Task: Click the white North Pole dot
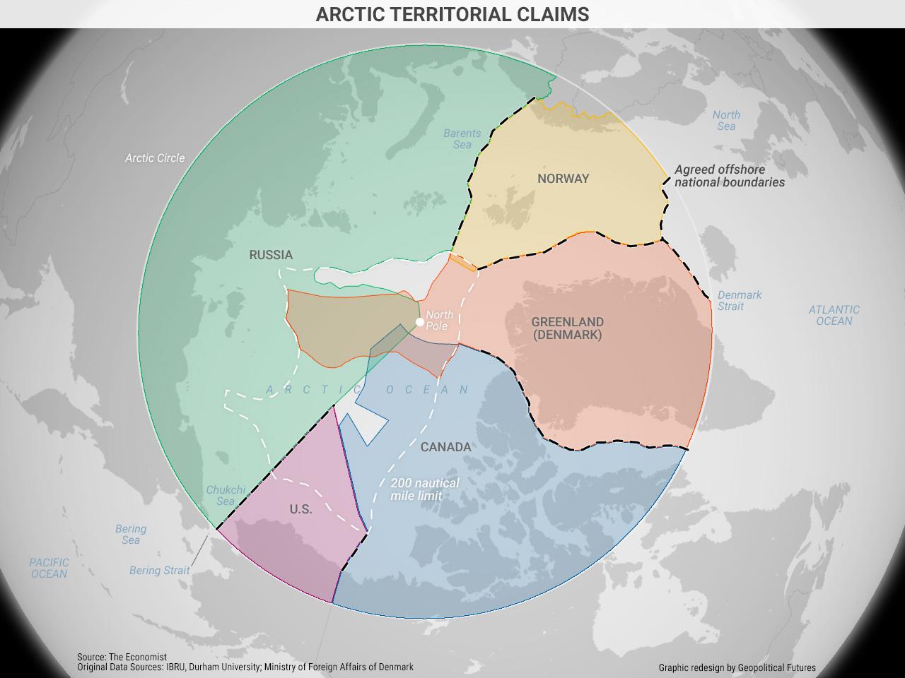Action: click(x=420, y=322)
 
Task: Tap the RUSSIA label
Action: click(x=271, y=255)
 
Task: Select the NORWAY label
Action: click(x=563, y=179)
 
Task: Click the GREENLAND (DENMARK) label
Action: click(x=568, y=328)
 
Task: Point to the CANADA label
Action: click(x=445, y=447)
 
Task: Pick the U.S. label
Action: click(x=300, y=509)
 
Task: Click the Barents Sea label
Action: click(x=462, y=138)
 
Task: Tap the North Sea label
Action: click(x=726, y=120)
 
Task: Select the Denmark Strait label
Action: click(x=739, y=301)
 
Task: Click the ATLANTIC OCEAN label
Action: click(x=834, y=315)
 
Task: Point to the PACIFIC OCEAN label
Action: click(x=49, y=568)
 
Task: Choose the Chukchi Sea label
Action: click(x=226, y=495)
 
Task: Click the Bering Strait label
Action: click(x=159, y=571)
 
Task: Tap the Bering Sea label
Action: click(x=131, y=534)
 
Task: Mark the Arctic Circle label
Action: click(x=155, y=158)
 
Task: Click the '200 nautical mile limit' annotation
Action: click(x=424, y=489)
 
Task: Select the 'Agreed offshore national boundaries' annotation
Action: click(x=729, y=176)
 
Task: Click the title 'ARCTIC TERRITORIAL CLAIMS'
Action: click(x=452, y=14)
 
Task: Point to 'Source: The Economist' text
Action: click(x=122, y=657)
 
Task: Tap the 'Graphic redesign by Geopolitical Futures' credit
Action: click(x=737, y=667)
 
